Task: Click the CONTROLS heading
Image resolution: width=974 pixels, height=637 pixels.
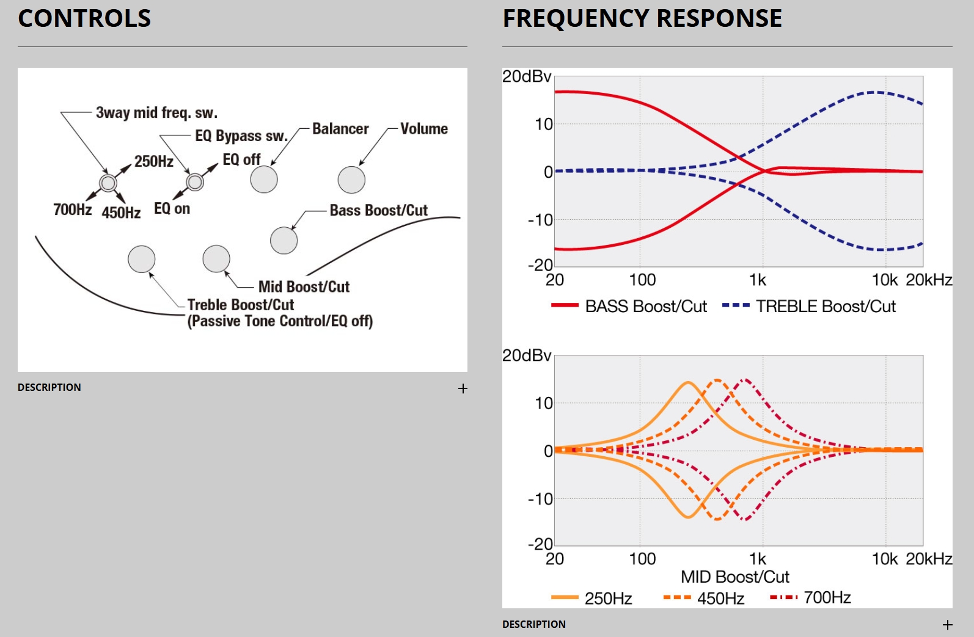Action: [84, 18]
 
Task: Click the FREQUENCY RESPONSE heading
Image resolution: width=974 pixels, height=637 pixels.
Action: [642, 18]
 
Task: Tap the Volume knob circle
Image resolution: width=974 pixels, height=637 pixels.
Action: [351, 180]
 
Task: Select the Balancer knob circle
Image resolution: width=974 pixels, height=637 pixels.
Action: [264, 180]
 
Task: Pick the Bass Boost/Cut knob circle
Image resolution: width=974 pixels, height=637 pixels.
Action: [284, 241]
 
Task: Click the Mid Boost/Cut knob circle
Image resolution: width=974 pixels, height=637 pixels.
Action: [216, 258]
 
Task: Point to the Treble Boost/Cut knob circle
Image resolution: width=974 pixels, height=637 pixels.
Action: [141, 259]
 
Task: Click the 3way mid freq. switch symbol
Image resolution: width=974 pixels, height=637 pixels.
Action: [108, 183]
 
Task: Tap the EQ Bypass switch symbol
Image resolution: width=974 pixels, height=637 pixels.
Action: [195, 181]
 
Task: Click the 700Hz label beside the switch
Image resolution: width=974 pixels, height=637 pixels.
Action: [72, 210]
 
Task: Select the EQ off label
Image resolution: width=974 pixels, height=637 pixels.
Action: [241, 160]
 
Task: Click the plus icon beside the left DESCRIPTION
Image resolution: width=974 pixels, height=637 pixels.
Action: [463, 388]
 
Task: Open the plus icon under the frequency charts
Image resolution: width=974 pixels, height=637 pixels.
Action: [947, 625]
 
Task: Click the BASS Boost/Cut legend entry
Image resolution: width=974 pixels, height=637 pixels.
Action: [629, 306]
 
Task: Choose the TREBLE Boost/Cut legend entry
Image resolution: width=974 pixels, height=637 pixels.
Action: [809, 306]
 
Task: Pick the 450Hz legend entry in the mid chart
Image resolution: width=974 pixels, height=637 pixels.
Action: [704, 598]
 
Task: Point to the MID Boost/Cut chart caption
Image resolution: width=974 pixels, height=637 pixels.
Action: [735, 577]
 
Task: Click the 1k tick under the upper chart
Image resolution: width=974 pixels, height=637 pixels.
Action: [758, 280]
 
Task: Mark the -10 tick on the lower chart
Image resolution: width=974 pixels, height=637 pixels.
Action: [541, 499]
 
